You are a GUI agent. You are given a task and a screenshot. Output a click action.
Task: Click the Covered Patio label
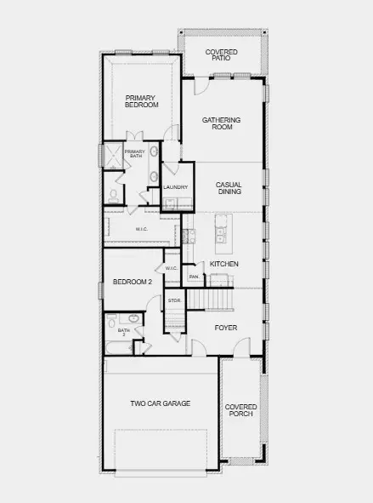pos(221,54)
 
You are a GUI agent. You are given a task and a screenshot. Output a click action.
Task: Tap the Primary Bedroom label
pos(141,101)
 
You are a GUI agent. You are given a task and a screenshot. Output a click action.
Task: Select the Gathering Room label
pos(221,123)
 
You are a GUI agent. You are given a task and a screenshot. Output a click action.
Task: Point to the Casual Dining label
pos(229,188)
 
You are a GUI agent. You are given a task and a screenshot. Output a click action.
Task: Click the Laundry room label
pos(175,187)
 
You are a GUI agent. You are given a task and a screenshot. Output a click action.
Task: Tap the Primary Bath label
pos(135,153)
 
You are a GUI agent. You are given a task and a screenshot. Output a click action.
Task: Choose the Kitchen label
pos(224,264)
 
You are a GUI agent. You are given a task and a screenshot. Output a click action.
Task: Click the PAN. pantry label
pos(195,277)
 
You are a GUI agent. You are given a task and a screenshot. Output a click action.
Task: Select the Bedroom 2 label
pos(133,282)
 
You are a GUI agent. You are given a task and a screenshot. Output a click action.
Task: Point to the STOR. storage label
pos(175,300)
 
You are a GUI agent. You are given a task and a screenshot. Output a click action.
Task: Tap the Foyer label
pos(226,328)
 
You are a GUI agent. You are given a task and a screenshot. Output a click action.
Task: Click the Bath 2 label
pos(123,332)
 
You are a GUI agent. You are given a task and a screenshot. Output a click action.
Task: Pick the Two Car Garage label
pos(161,403)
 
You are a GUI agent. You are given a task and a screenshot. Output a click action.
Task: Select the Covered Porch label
pos(240,410)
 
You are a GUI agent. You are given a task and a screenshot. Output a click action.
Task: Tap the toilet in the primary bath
pos(113,197)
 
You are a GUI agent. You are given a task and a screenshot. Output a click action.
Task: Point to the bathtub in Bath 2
pos(119,347)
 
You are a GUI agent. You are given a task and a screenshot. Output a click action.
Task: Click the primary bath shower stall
pos(113,156)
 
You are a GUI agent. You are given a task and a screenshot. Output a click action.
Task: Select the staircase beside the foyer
pos(211,300)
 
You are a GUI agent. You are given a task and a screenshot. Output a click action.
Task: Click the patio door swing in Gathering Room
pos(201,86)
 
